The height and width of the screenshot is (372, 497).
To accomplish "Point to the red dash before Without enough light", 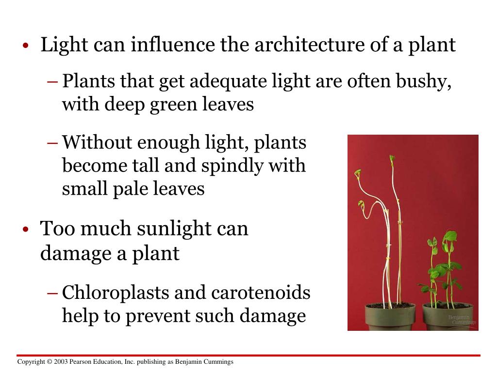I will pyautogui.click(x=53, y=143).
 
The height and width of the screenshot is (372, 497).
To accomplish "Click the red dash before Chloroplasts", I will pyautogui.click(x=53, y=293).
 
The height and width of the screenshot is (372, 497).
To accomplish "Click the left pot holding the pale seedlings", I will pyautogui.click(x=390, y=317).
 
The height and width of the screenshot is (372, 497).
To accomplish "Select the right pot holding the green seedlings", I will pyautogui.click(x=447, y=317).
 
